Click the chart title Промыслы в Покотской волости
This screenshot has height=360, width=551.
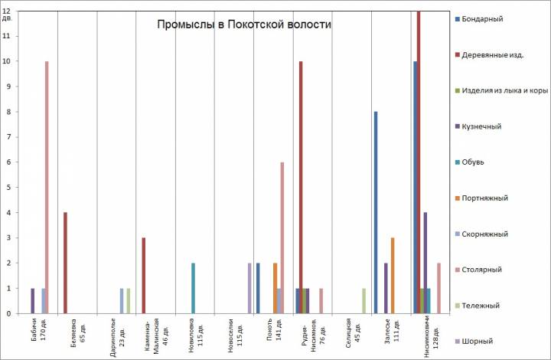tap(244, 25)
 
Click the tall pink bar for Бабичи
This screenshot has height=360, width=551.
tap(47, 187)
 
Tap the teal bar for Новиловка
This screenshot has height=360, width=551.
tap(193, 288)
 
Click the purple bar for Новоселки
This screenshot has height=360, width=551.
tap(249, 288)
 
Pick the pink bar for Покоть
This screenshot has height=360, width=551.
tap(282, 237)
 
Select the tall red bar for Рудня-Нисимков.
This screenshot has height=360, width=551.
tap(301, 187)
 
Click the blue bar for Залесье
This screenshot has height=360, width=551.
tap(376, 212)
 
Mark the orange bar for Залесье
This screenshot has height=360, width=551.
tap(393, 275)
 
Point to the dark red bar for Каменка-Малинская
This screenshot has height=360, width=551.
tap(144, 275)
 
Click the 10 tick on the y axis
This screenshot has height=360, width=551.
tap(7, 61)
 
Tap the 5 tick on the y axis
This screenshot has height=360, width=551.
tap(7, 188)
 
